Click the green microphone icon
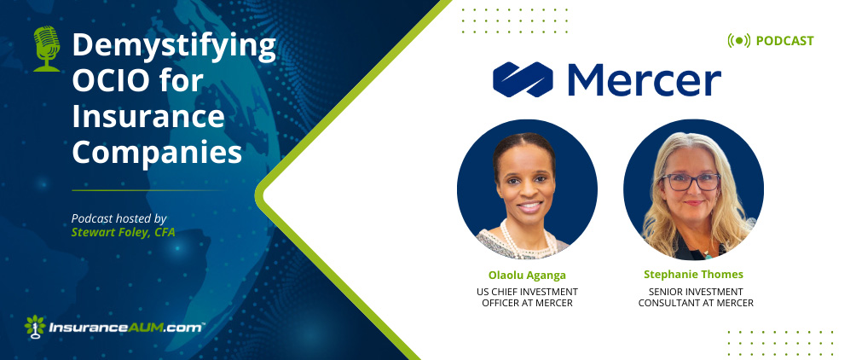(x=46, y=49)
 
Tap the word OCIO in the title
(x=107, y=81)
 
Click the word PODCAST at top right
(x=784, y=41)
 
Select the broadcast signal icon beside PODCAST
(x=739, y=41)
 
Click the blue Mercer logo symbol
(x=523, y=79)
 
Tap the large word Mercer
(x=645, y=80)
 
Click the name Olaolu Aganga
(x=527, y=274)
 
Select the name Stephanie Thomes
(x=693, y=274)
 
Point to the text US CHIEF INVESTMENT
(x=527, y=292)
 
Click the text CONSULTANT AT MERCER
(x=696, y=303)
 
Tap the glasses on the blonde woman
(x=690, y=182)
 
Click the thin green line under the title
(x=147, y=190)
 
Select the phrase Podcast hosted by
(x=119, y=218)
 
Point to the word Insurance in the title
(x=148, y=116)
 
